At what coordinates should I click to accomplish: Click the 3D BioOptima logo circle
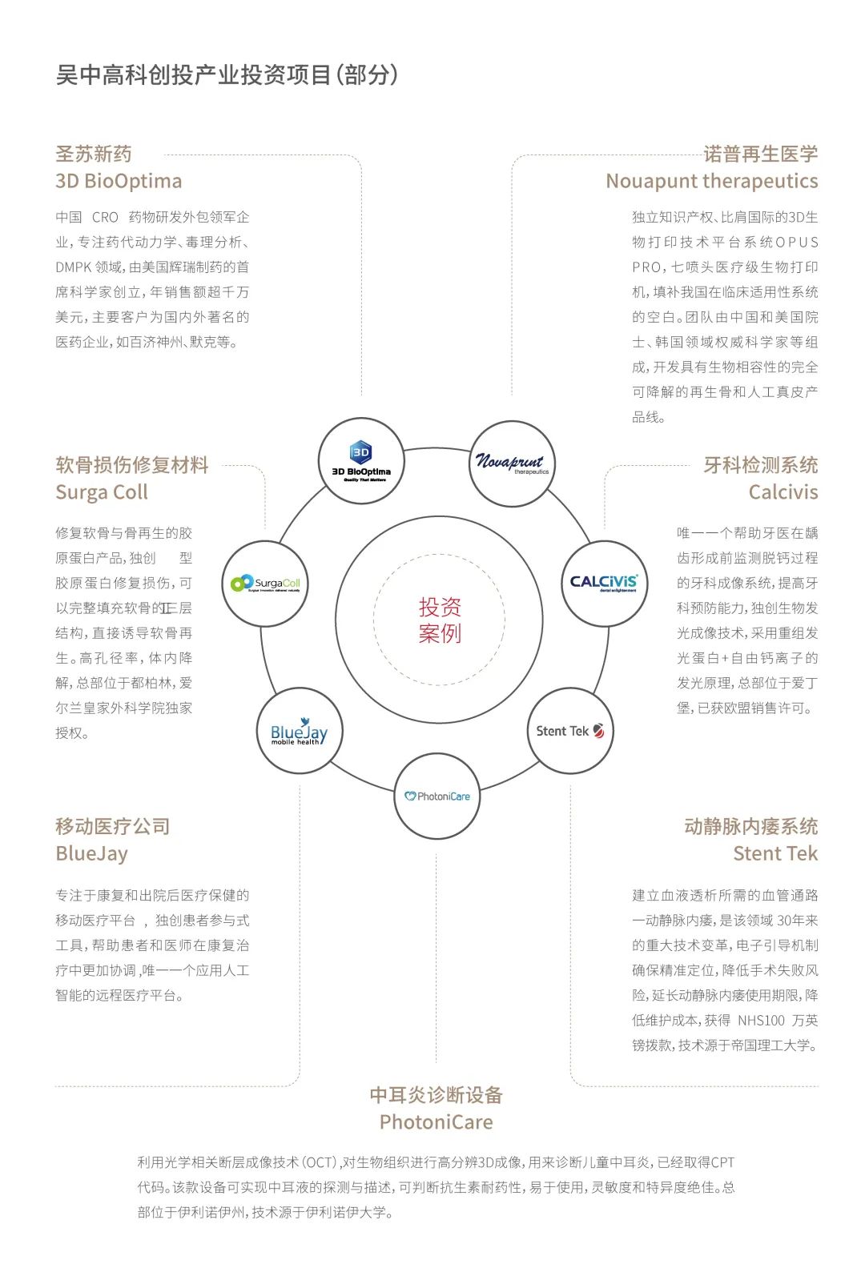click(361, 462)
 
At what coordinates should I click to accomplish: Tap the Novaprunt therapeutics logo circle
click(511, 463)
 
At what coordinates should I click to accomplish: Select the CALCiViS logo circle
click(604, 584)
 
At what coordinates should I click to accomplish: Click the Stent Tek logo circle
click(570, 731)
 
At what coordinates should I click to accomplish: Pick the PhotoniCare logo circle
click(437, 797)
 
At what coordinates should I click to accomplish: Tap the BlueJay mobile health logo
click(300, 731)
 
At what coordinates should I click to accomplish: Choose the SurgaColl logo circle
click(265, 584)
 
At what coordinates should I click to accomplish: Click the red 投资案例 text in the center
click(440, 620)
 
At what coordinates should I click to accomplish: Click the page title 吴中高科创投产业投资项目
click(193, 75)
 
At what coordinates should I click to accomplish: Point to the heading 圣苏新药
click(94, 154)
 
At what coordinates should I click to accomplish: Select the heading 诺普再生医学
click(761, 154)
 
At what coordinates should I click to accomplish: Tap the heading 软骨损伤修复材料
click(132, 465)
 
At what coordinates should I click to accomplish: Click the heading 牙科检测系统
click(761, 465)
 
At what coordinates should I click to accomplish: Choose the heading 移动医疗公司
click(113, 826)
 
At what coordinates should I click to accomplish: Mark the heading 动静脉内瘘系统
click(751, 826)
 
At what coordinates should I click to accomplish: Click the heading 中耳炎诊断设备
click(437, 1095)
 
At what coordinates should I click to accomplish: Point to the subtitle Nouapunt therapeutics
click(712, 182)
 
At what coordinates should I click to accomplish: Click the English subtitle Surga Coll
click(102, 492)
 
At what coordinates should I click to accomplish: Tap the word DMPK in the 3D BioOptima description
click(74, 267)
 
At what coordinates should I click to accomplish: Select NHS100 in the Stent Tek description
click(761, 1021)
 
